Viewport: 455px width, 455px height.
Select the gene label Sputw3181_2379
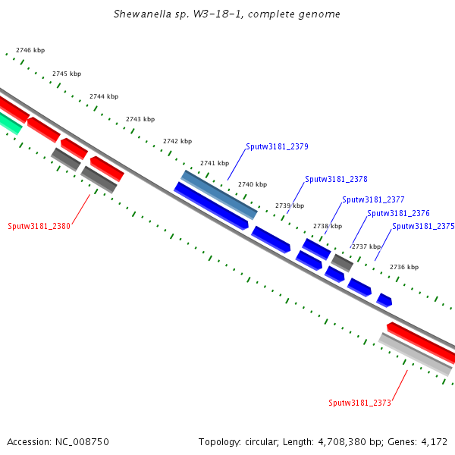277,146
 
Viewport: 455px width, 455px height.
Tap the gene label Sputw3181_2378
336,180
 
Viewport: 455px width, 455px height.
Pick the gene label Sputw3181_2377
373,199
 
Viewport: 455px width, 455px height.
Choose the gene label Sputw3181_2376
398,213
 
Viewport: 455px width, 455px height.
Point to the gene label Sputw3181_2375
423,226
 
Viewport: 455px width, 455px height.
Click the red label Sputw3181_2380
39,226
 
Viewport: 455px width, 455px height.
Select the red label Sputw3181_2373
359,403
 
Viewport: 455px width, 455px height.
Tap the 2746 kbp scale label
30,50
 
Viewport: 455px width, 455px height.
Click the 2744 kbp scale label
104,96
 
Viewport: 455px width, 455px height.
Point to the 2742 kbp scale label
177,141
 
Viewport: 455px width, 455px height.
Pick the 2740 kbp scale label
253,184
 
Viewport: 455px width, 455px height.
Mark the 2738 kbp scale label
328,226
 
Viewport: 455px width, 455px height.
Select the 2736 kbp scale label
404,267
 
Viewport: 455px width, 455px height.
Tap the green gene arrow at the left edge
9,121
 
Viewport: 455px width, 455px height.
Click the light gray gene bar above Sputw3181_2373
416,354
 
